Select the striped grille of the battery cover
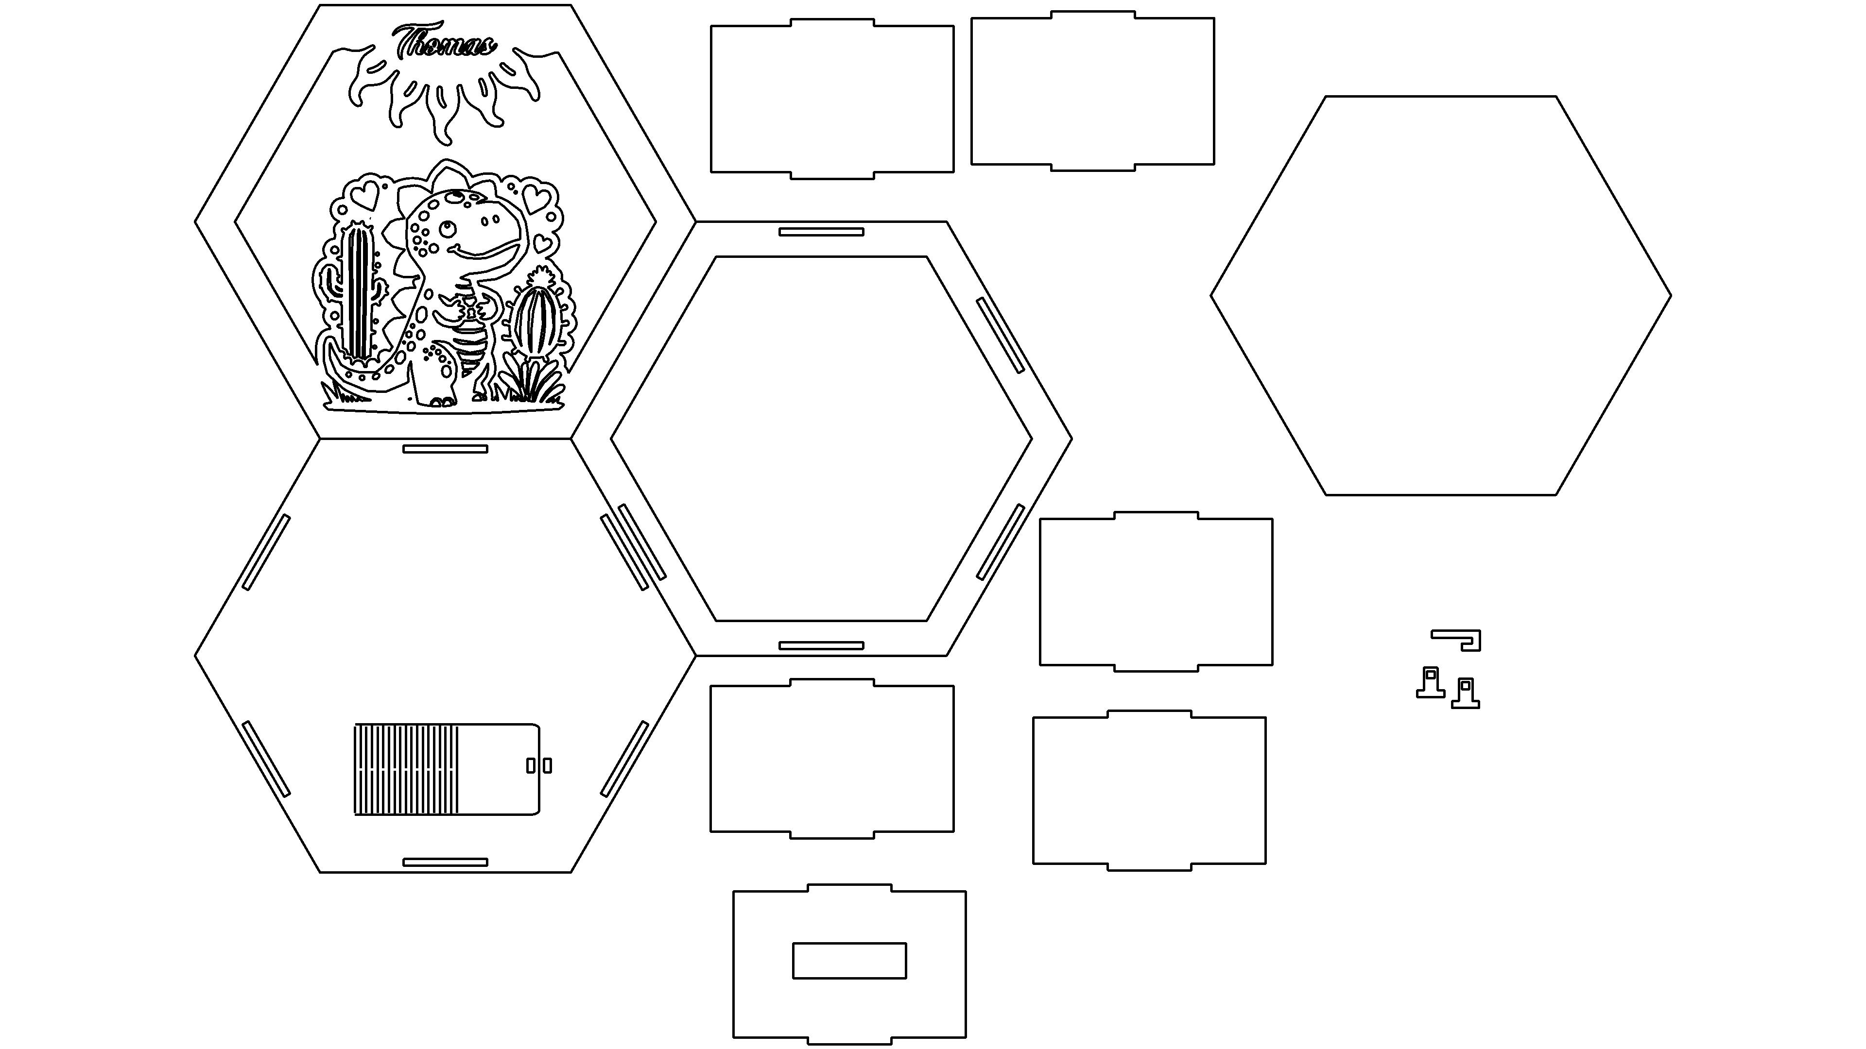406,769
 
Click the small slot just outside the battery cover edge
548,765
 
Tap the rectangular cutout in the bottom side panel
849,961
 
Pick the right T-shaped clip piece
1466,693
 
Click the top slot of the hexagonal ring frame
821,232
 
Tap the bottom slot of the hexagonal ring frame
821,645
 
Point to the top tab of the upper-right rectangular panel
1092,15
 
